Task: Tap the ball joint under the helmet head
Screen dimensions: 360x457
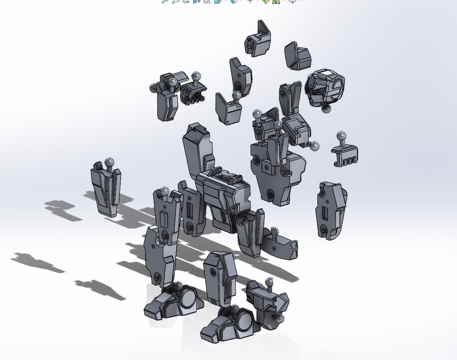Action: (326, 109)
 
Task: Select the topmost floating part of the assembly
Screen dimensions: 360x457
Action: (258, 40)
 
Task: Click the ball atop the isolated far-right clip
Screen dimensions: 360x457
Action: (341, 136)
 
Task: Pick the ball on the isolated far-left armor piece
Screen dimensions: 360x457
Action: (109, 163)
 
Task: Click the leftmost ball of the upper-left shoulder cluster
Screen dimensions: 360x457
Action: (153, 88)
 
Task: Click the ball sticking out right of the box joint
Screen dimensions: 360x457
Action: (314, 146)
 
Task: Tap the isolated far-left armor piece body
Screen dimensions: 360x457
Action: (106, 191)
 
